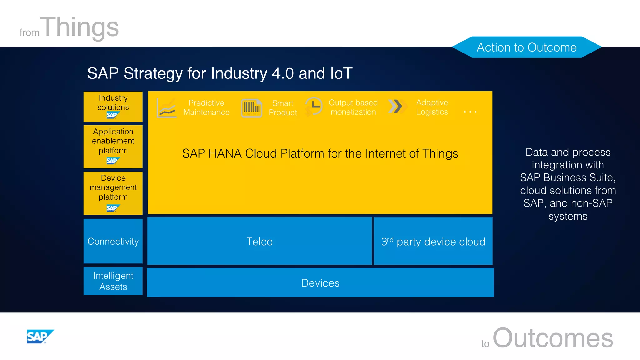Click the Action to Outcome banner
tap(527, 47)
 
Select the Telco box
tap(259, 242)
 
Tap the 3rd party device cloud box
tap(433, 242)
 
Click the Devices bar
tap(320, 283)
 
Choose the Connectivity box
tap(113, 241)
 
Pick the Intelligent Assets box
tap(113, 281)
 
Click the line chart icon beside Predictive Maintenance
tap(167, 108)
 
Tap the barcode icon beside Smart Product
tap(252, 108)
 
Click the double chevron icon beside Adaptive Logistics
tap(397, 107)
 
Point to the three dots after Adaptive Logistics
tap(470, 112)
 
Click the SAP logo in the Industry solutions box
tap(112, 115)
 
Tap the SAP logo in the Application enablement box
tap(112, 161)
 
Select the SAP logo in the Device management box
tap(112, 208)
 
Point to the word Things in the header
tap(81, 27)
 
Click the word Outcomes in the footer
tap(553, 338)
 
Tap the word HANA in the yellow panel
tap(225, 153)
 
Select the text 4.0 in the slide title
tap(283, 73)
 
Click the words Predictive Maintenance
tap(206, 107)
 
